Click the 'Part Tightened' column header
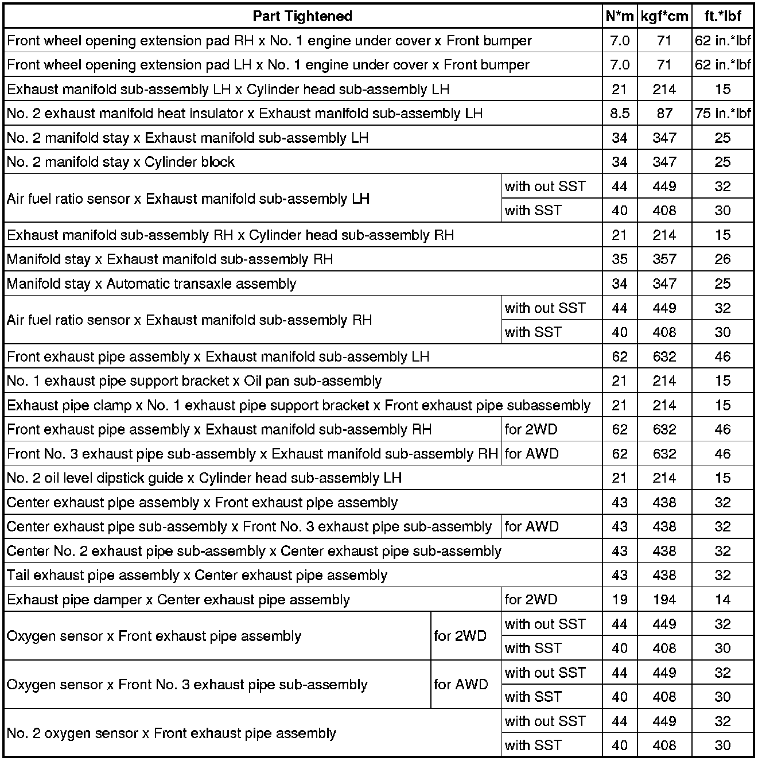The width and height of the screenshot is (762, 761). point(302,16)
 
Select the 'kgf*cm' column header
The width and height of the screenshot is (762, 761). point(664,16)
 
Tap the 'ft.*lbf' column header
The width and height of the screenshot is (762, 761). point(722,16)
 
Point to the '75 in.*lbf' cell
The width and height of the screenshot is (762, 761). point(722,114)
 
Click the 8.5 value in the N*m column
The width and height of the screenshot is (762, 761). point(620,114)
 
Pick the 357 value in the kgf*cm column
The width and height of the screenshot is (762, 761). point(664,259)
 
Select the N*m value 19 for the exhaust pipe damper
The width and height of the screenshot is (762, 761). point(620,600)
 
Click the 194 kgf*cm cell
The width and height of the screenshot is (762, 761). point(664,600)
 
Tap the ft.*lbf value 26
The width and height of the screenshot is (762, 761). point(722,259)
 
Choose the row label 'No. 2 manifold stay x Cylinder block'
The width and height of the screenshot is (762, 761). point(120,162)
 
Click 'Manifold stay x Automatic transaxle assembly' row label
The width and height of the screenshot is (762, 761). point(151,284)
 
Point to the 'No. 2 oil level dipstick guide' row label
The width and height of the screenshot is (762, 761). point(204,478)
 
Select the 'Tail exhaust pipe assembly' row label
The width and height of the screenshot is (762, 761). point(197,576)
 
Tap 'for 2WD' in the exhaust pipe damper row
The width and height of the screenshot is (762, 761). point(531,600)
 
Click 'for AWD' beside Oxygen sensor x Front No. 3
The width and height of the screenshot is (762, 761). point(461,685)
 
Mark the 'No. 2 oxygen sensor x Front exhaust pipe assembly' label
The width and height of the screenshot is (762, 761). point(171,733)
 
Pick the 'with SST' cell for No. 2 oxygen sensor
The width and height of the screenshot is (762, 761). point(533,746)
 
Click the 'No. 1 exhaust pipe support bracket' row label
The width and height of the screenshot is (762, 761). point(194,381)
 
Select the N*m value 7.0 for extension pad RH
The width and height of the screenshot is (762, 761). point(620,41)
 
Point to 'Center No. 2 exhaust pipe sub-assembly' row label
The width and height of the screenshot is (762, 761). point(254,552)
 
